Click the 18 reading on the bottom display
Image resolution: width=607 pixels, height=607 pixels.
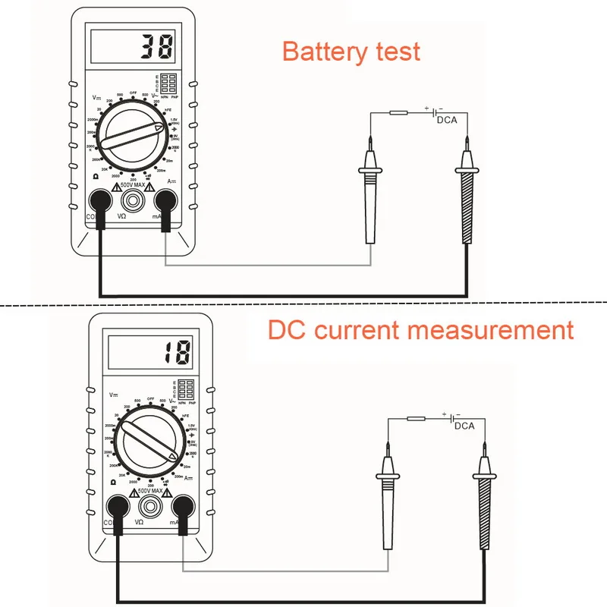click(x=177, y=351)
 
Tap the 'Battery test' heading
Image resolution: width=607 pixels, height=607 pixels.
click(x=351, y=52)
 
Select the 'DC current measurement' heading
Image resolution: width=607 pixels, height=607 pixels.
click(x=420, y=331)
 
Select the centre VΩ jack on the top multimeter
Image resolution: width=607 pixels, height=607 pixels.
click(x=134, y=200)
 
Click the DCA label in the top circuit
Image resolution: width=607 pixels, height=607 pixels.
click(x=447, y=119)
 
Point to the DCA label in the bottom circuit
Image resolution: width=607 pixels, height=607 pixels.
click(x=464, y=426)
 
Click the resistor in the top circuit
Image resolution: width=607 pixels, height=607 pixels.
click(x=398, y=113)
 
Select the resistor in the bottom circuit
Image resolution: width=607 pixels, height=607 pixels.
click(x=415, y=419)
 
